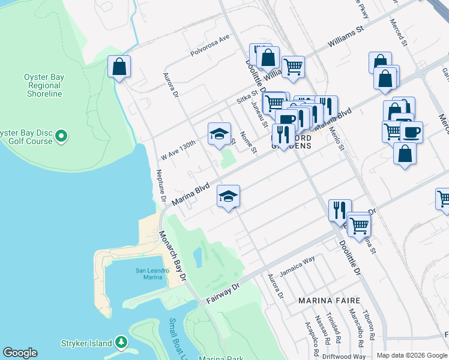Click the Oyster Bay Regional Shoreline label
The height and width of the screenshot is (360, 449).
[43, 85]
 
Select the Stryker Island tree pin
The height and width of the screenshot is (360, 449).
[121, 343]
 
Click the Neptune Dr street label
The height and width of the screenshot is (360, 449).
[161, 188]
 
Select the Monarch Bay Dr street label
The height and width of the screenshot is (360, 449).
[173, 256]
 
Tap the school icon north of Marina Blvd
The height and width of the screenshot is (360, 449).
[219, 133]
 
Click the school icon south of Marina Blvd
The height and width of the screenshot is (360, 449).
[228, 196]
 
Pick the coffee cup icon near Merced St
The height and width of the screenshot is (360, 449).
[411, 131]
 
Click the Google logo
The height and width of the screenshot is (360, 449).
[20, 353]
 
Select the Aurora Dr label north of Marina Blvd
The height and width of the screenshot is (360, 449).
[171, 85]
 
